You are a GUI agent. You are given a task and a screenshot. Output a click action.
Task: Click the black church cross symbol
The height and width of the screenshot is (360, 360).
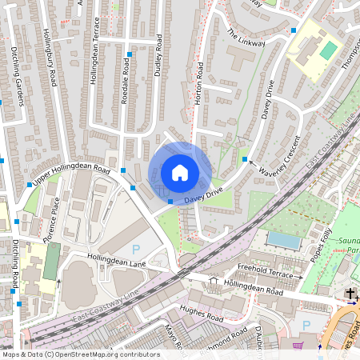[350, 294]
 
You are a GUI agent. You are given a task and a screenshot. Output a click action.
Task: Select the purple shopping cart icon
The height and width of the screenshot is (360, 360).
[298, 346]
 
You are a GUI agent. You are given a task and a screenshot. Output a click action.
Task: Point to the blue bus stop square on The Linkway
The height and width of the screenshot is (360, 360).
[294, 30]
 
